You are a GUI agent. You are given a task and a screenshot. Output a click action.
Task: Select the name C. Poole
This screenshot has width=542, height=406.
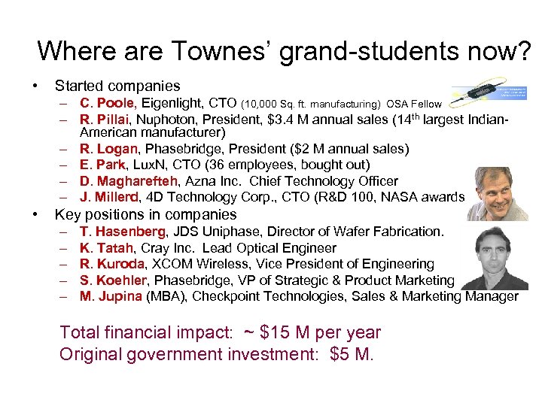coord(108,102)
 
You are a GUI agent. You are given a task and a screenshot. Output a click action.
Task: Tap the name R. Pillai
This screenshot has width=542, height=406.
coord(105,119)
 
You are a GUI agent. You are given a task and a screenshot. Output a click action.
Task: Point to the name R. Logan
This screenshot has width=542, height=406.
coord(108,148)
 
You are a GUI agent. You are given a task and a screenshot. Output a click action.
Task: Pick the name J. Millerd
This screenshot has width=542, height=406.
coord(110,198)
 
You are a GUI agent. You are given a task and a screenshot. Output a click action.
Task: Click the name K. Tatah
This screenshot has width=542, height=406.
coord(107,247)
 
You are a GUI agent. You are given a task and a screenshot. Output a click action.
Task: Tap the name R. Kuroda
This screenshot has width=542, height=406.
coord(114,264)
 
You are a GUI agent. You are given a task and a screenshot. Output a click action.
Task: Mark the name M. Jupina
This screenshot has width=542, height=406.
coord(111,296)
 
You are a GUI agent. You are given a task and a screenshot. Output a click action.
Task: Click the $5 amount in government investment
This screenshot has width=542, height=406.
coord(344,353)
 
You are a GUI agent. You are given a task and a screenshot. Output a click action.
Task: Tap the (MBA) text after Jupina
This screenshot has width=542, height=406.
coord(166,296)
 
